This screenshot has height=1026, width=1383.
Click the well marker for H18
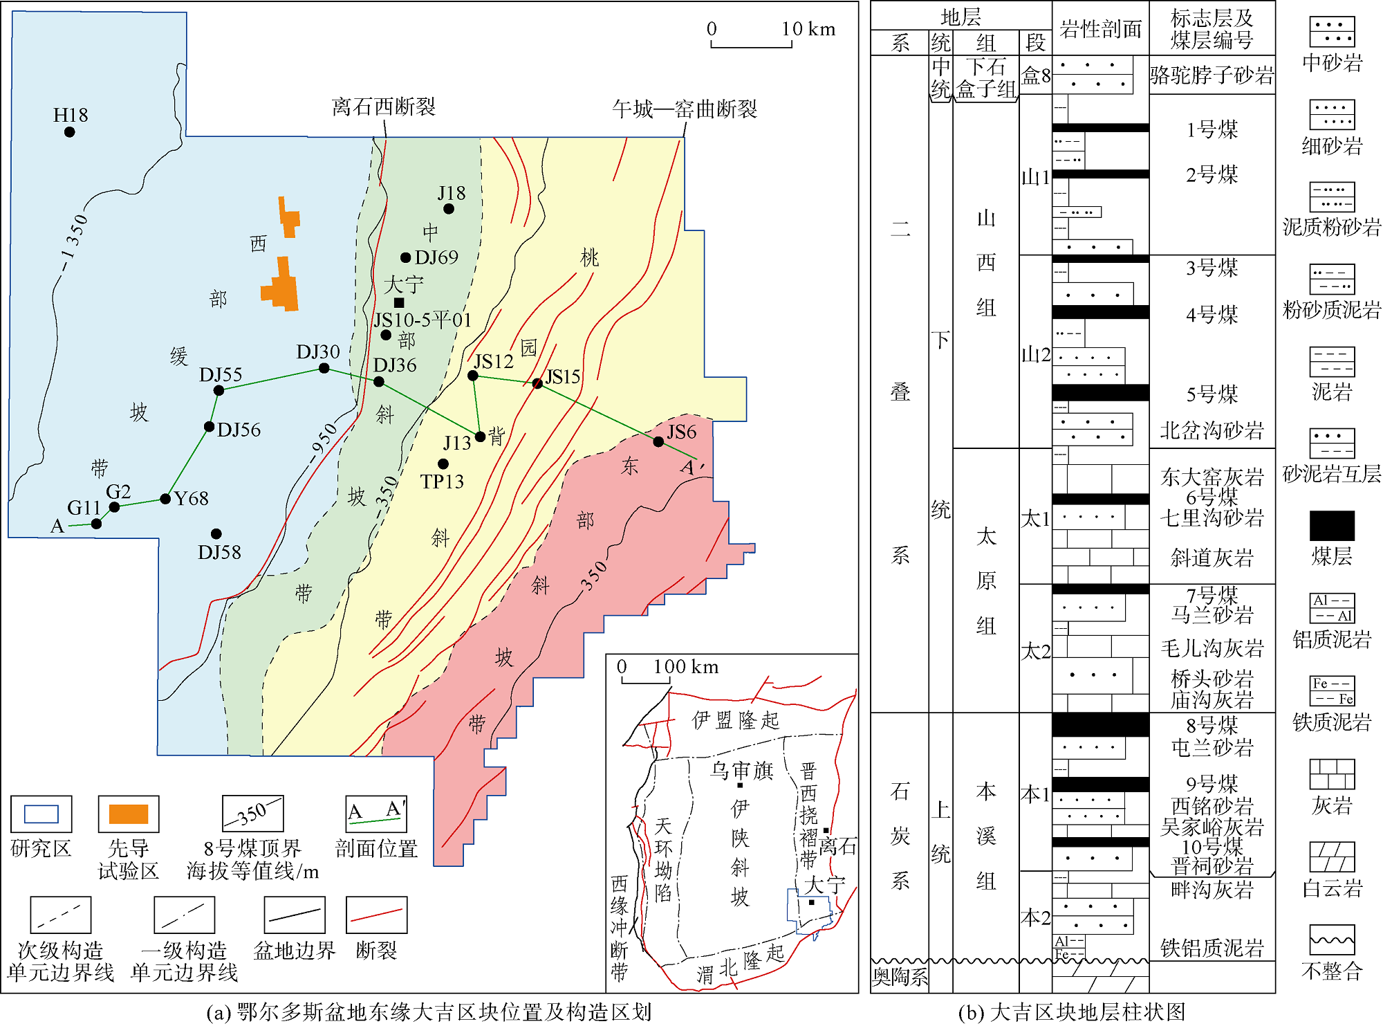point(69,132)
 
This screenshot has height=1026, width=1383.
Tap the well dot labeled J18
point(449,209)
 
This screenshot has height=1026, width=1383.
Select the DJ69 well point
point(406,258)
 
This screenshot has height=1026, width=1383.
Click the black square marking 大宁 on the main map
point(399,302)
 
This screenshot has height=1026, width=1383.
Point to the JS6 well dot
point(658,441)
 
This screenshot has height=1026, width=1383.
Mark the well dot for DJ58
point(216,533)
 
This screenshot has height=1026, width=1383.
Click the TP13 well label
point(442,482)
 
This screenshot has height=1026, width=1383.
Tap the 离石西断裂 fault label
point(383,107)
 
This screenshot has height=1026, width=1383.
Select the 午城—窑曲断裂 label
point(684,109)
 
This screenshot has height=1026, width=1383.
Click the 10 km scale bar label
point(808,29)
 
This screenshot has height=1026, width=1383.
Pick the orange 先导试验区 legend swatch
point(129,814)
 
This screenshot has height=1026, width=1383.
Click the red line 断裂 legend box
point(376,915)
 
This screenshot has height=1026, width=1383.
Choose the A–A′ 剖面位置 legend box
point(376,814)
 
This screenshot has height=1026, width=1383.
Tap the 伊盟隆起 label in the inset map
point(735,720)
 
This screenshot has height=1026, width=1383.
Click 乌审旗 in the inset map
point(741,769)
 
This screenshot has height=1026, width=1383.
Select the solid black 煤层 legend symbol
point(1331,526)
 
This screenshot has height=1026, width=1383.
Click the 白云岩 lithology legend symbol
point(1331,856)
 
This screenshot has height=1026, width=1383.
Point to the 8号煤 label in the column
point(1212,725)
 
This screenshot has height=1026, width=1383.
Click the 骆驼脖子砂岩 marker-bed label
point(1212,75)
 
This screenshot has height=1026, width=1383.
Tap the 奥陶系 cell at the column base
point(900,977)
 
